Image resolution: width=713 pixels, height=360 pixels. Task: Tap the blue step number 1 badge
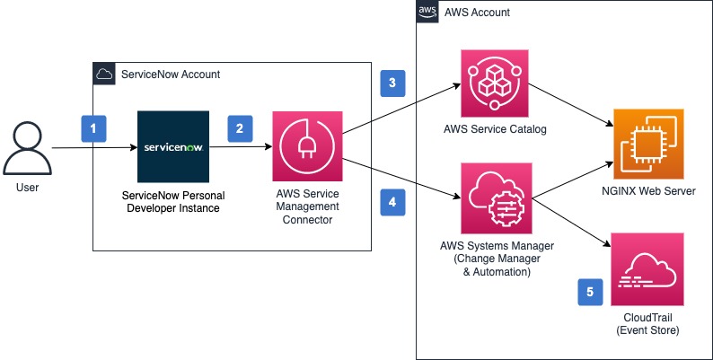94,129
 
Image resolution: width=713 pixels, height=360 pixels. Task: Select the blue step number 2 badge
239,129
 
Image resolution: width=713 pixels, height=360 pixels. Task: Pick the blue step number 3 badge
392,83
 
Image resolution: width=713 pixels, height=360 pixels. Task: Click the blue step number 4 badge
392,203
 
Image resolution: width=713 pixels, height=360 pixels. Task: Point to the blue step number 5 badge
590,292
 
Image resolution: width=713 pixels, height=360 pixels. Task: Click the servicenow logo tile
173,146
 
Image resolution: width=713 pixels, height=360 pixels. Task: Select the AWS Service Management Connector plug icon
307,146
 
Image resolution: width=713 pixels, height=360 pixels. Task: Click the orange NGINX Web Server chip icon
647,143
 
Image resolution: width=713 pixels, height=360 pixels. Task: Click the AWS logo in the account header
427,12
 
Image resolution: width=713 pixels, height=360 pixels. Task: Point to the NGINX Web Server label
647,191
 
